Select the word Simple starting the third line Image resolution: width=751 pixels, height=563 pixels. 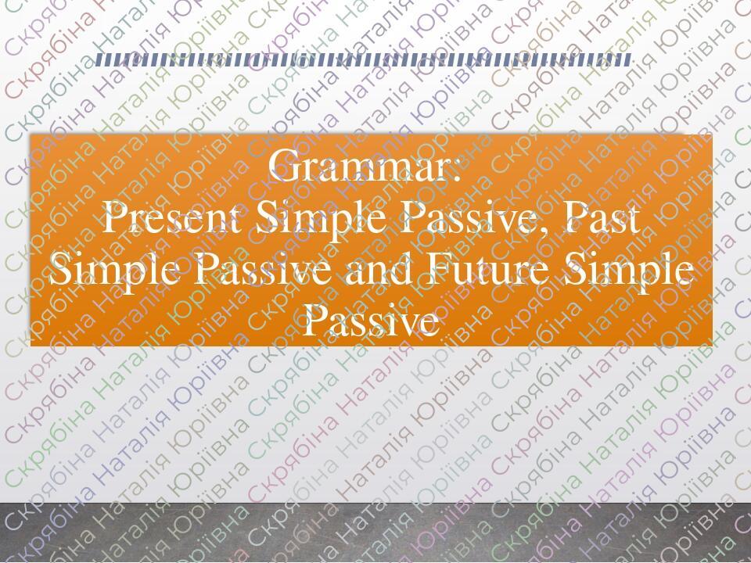coord(109,272)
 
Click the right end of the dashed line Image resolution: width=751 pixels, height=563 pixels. coord(631,59)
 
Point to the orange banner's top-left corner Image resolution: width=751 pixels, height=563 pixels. coord(31,135)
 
